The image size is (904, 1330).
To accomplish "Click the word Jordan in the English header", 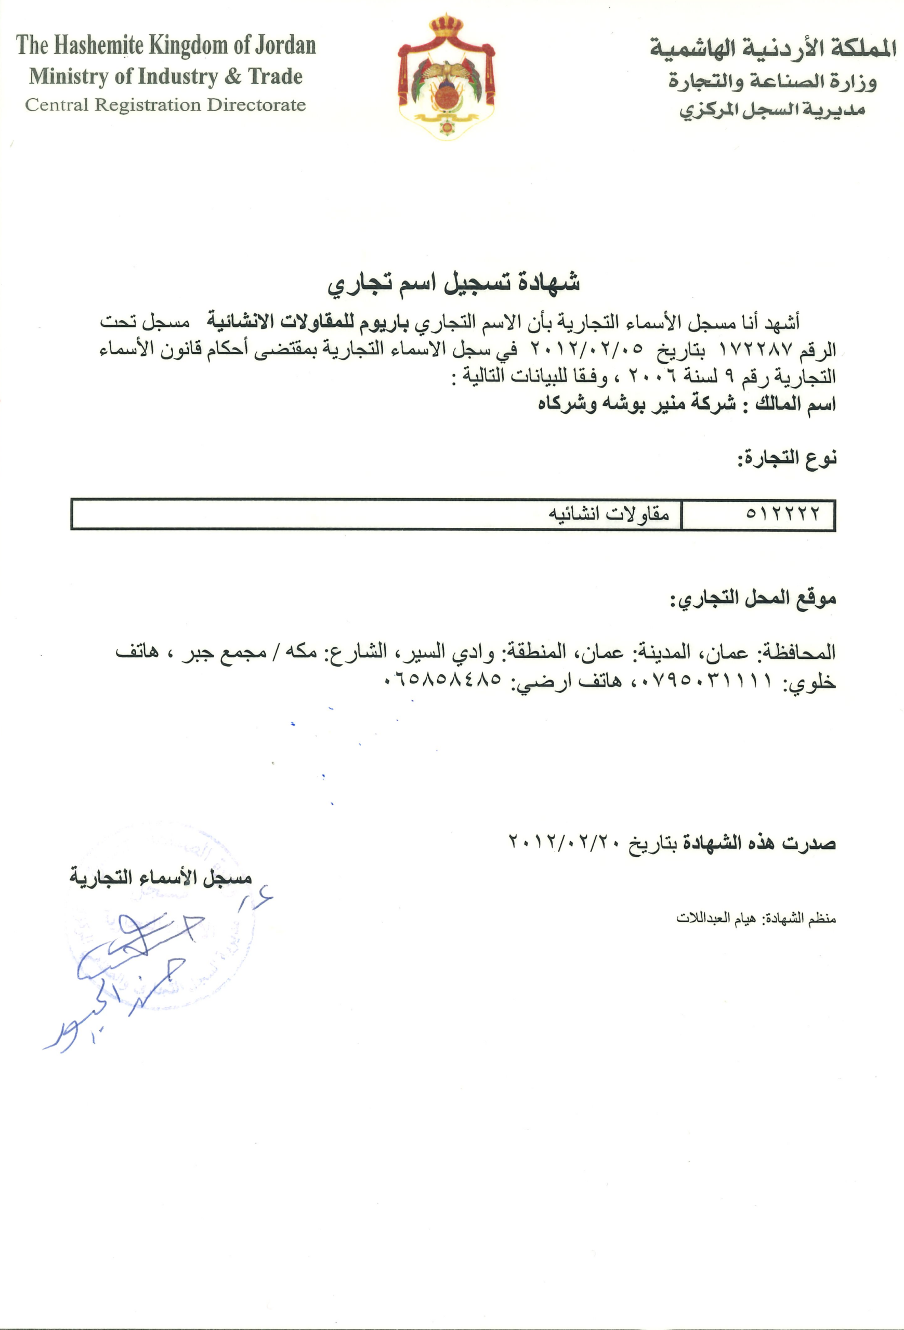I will click(284, 46).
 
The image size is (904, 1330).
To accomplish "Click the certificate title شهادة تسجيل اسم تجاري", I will click(453, 283).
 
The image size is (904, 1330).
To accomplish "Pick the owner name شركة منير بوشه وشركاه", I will click(637, 405).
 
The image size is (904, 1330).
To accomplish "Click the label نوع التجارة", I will click(787, 458).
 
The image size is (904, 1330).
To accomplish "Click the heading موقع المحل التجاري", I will click(753, 598).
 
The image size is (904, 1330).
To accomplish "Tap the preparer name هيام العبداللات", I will click(716, 919).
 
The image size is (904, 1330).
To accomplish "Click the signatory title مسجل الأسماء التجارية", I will click(161, 877).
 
